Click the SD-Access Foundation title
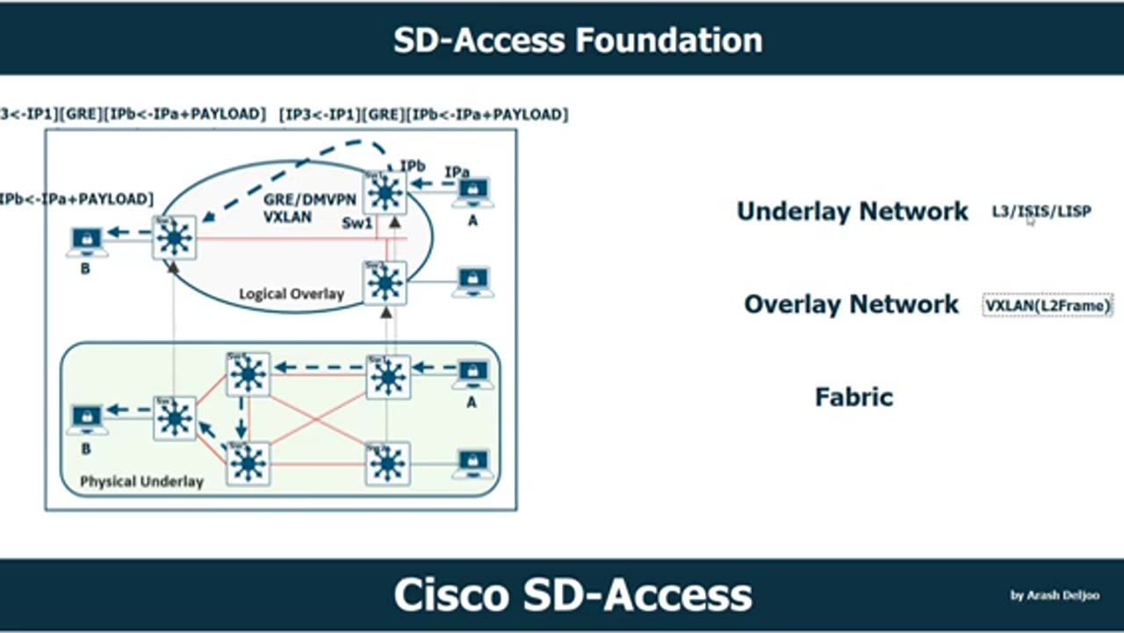pos(578,40)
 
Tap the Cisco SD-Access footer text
pos(573,595)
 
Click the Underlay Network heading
pos(852,212)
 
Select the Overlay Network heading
pos(851,304)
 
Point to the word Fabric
pos(854,397)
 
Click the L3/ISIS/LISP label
pos(1041,212)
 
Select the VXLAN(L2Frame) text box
pos(1048,305)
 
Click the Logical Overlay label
pos(292,294)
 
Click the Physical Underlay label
pos(141,482)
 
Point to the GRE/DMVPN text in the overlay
pos(310,200)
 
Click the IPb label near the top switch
pos(414,166)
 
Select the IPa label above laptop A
pos(458,172)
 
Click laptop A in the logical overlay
pos(472,193)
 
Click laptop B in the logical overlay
pos(86,240)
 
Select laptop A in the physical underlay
pos(472,375)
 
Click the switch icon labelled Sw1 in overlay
pos(385,193)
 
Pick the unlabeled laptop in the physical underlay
pos(472,463)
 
